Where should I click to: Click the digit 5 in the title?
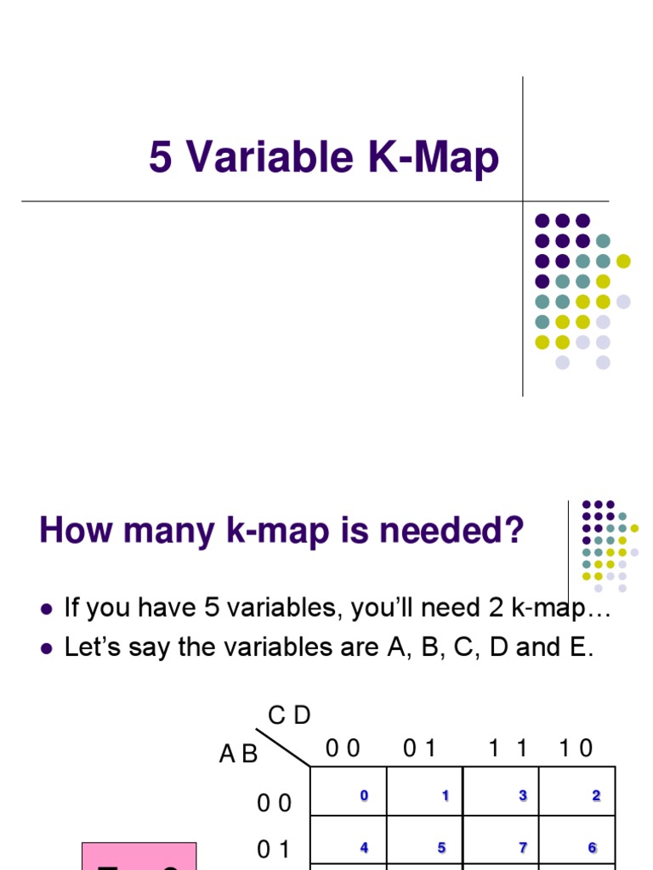click(x=160, y=158)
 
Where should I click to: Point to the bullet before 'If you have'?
click(x=47, y=609)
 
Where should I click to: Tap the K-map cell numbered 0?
click(x=349, y=791)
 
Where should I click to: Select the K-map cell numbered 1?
click(x=424, y=791)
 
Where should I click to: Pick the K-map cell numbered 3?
click(x=501, y=791)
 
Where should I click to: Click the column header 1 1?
click(x=508, y=749)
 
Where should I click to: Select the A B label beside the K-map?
click(x=238, y=754)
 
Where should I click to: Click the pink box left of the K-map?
click(x=139, y=856)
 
